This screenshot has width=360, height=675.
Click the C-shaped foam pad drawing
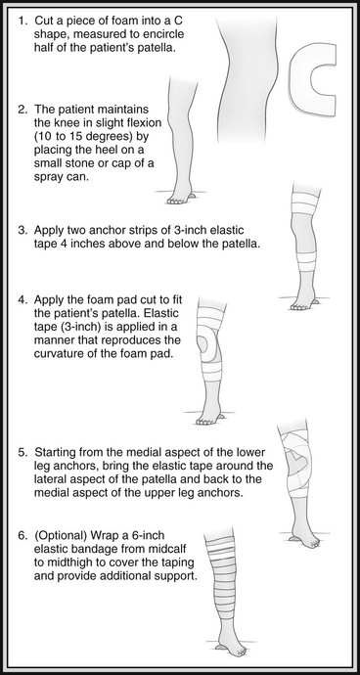[x=297, y=82]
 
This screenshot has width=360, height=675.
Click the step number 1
[x=21, y=21]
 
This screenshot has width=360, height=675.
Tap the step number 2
[x=22, y=110]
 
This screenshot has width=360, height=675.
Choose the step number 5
[x=22, y=453]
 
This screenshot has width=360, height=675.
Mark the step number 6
[x=22, y=535]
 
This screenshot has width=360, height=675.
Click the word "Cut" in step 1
[x=43, y=21]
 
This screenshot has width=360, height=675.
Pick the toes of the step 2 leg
[x=175, y=202]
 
